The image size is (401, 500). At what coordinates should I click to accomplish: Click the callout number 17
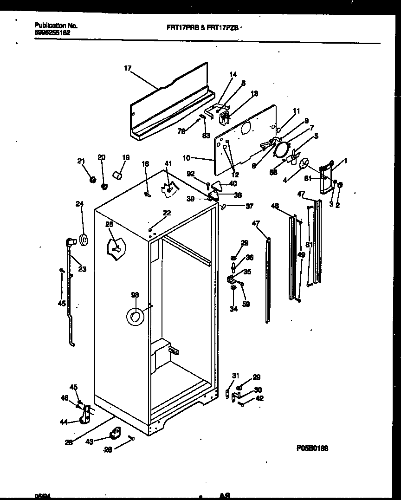pyautogui.click(x=128, y=69)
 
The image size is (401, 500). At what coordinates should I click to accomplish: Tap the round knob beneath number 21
pyautogui.click(x=92, y=178)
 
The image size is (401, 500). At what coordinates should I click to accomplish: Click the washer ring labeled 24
pyautogui.click(x=84, y=240)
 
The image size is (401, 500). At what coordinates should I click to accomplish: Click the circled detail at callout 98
pyautogui.click(x=135, y=316)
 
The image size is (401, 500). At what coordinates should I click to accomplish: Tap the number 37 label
pyautogui.click(x=249, y=207)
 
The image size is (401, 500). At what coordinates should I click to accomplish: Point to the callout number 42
pyautogui.click(x=259, y=398)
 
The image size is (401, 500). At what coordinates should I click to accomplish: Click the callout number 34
pyautogui.click(x=234, y=308)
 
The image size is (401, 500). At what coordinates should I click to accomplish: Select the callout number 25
pyautogui.click(x=109, y=224)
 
